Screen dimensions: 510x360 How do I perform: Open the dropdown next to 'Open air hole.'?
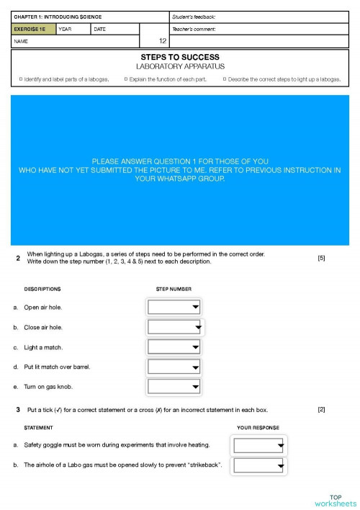tap(174, 308)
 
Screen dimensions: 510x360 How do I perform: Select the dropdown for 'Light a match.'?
tap(174, 347)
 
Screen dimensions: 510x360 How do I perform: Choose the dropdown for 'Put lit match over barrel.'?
tap(174, 367)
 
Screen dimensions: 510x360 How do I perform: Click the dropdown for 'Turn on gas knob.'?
tap(174, 387)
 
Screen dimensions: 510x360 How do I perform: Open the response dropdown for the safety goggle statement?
tap(259, 445)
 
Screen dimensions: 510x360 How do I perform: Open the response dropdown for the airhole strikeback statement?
tap(259, 465)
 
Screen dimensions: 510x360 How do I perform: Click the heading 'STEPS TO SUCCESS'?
tap(179, 57)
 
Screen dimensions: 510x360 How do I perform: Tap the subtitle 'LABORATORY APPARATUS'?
tap(179, 66)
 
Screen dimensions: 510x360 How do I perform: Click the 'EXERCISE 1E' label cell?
tap(32, 30)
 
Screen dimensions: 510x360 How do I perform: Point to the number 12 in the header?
tap(163, 41)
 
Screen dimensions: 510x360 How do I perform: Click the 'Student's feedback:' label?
tap(194, 17)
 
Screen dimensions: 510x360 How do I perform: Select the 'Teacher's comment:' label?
tap(194, 30)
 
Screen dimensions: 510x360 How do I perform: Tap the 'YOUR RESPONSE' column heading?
tap(258, 426)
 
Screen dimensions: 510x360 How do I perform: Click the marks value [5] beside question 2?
tap(321, 258)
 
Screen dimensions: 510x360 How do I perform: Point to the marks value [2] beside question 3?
tap(321, 409)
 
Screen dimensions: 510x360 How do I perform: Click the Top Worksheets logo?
tap(335, 500)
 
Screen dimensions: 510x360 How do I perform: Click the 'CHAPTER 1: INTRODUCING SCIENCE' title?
tap(58, 17)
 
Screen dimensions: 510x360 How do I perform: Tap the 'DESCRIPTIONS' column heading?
tap(42, 289)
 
